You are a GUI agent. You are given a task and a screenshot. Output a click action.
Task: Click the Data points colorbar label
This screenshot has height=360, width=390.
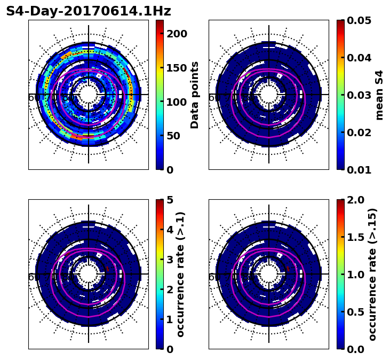195,95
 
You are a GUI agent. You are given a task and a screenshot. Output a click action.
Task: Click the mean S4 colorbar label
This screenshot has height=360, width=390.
379,95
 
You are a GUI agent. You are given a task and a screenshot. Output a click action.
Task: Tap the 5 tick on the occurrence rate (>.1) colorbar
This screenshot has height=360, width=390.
170,200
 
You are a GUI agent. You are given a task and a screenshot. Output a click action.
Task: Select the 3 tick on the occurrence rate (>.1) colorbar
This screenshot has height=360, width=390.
170,260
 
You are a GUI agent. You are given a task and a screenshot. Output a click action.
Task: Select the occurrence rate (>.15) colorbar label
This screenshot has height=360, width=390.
372,274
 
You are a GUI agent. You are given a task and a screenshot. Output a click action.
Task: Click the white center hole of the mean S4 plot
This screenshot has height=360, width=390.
269,95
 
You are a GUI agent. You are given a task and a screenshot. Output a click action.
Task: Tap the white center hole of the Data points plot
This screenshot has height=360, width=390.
89,95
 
